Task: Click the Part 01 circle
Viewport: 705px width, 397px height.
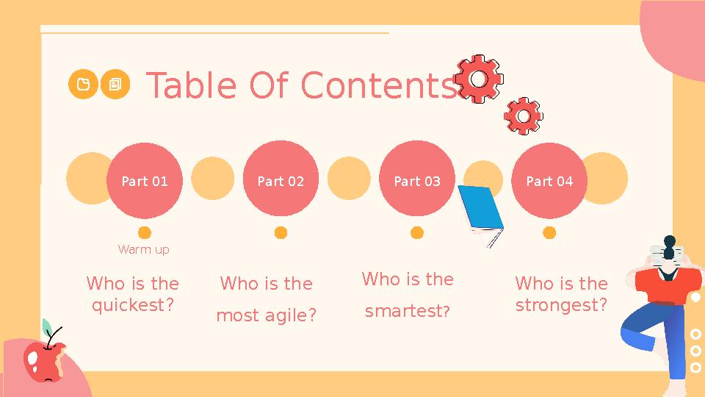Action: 144,181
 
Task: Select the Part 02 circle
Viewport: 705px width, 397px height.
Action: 281,181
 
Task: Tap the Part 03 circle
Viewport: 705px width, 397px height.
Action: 417,181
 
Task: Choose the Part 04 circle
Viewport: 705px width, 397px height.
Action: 549,181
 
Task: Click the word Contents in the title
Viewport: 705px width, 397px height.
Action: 379,85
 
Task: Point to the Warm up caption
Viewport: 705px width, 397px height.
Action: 144,250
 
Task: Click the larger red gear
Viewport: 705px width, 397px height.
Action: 479,78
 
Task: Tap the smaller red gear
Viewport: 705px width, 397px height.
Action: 524,116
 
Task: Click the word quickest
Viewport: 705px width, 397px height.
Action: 132,304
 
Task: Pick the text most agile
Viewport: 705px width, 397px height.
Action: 266,315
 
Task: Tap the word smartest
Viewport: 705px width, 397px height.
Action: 407,311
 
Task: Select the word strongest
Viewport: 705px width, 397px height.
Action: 561,304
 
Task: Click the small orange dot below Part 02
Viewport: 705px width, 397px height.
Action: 281,233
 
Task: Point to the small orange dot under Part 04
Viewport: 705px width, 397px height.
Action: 549,233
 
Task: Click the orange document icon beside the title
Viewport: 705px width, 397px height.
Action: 115,85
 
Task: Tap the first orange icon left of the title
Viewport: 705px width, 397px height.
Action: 83,85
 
